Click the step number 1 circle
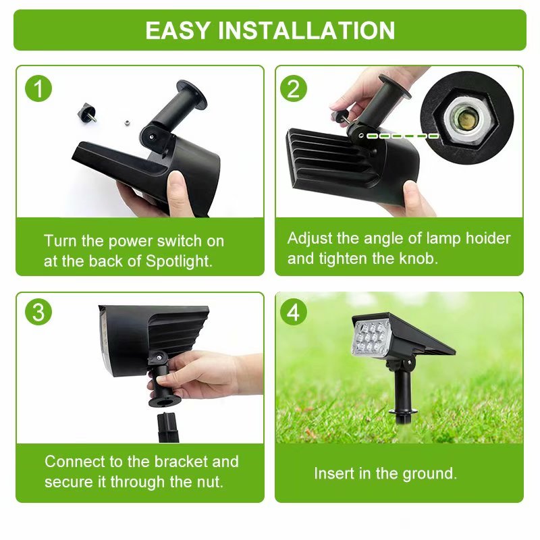[x=39, y=88]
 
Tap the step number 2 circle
[x=293, y=88]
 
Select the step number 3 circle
[x=39, y=312]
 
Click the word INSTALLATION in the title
[x=306, y=30]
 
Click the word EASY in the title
[x=178, y=30]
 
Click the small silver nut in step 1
[x=126, y=122]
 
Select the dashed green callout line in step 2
[x=403, y=136]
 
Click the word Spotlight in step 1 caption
[x=179, y=261]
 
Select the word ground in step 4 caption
[x=431, y=474]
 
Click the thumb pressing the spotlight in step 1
[x=177, y=190]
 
